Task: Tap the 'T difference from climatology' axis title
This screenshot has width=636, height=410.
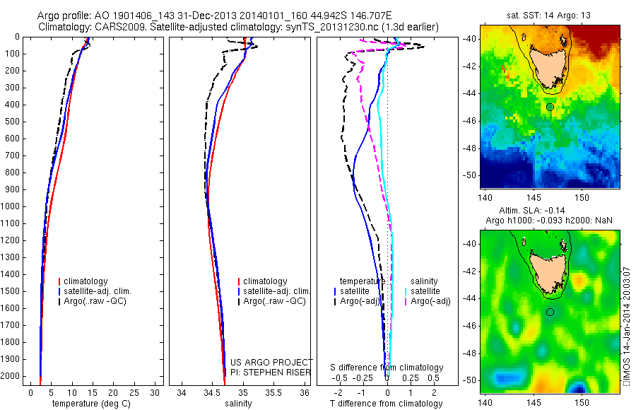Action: click(x=386, y=404)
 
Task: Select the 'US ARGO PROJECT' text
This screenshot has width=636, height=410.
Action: click(x=261, y=362)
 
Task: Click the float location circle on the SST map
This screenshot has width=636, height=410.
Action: click(x=550, y=107)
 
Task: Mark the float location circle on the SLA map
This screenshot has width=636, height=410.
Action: click(x=550, y=312)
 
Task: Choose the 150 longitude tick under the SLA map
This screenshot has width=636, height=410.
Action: click(x=582, y=402)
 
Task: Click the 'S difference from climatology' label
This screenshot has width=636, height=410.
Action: click(x=387, y=368)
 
